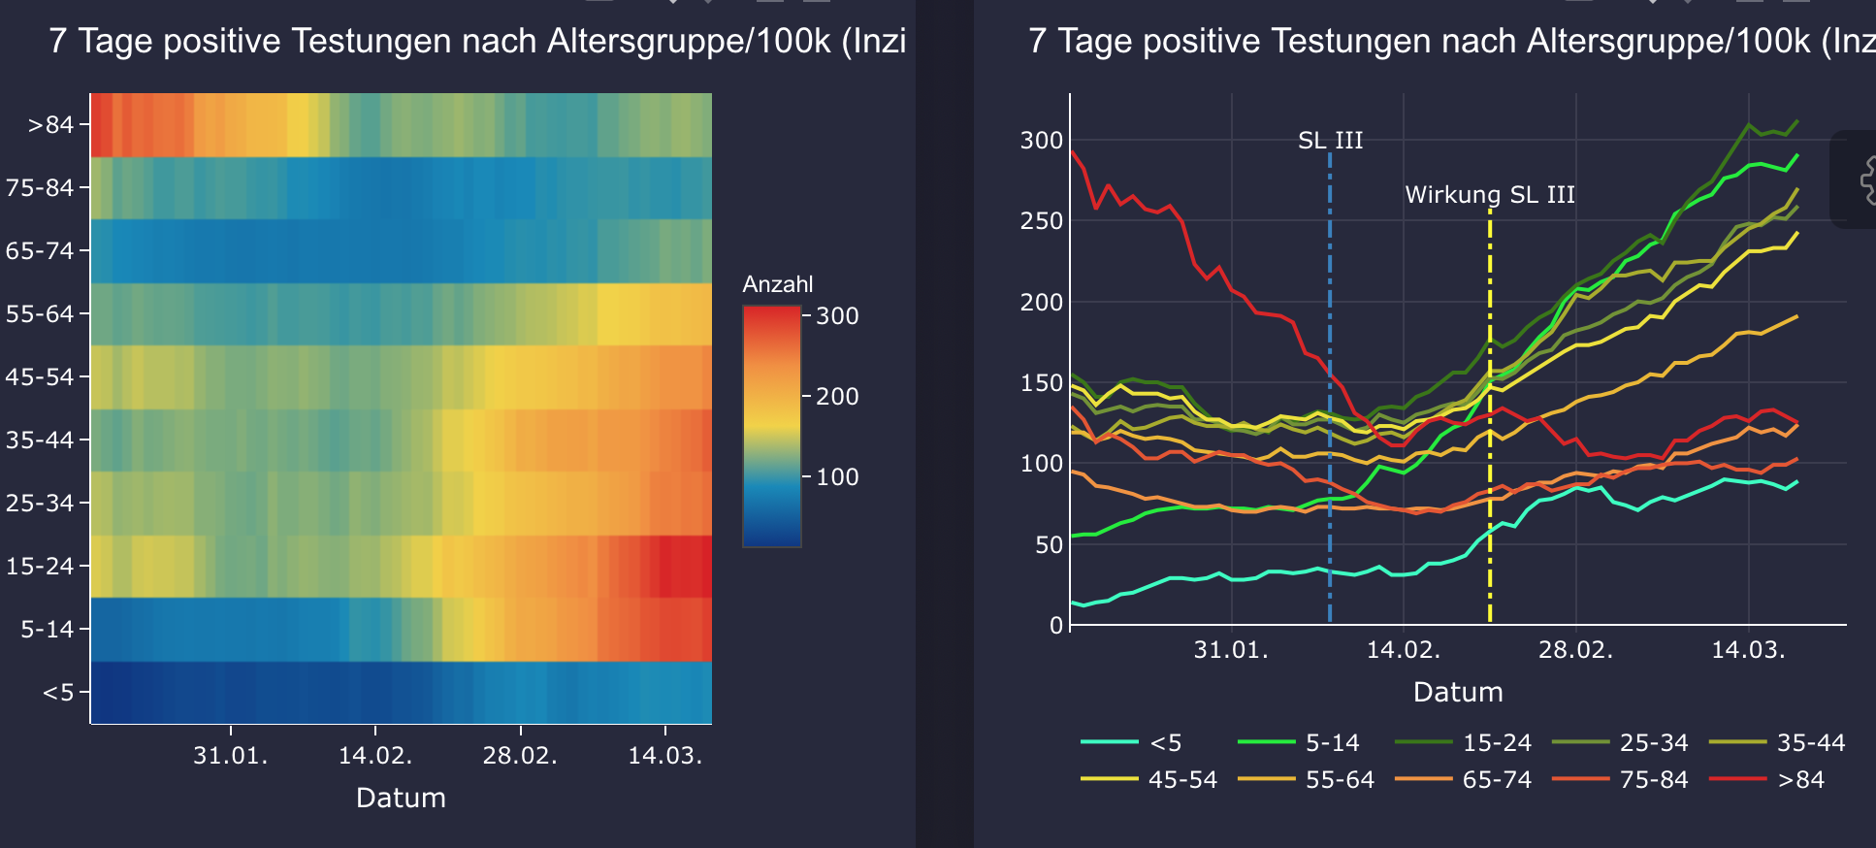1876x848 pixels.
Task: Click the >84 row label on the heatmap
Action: point(50,125)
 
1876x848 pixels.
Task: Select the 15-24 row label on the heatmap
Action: point(40,566)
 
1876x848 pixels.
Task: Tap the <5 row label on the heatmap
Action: point(58,693)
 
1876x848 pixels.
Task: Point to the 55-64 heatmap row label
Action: point(40,314)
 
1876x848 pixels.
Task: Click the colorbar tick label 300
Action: point(837,316)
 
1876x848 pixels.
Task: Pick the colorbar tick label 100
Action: point(837,477)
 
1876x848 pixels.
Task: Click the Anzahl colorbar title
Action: point(778,284)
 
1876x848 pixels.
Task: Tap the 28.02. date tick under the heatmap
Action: point(520,756)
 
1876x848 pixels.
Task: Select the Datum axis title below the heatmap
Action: point(401,799)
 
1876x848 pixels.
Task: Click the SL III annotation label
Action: point(1330,141)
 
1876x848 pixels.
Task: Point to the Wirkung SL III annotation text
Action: point(1490,195)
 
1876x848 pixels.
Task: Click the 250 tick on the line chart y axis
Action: point(1042,221)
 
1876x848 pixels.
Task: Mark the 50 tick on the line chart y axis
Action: point(1049,545)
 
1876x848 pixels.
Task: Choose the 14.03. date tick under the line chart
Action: point(1748,650)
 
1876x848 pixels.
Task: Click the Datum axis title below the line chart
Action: point(1458,693)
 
